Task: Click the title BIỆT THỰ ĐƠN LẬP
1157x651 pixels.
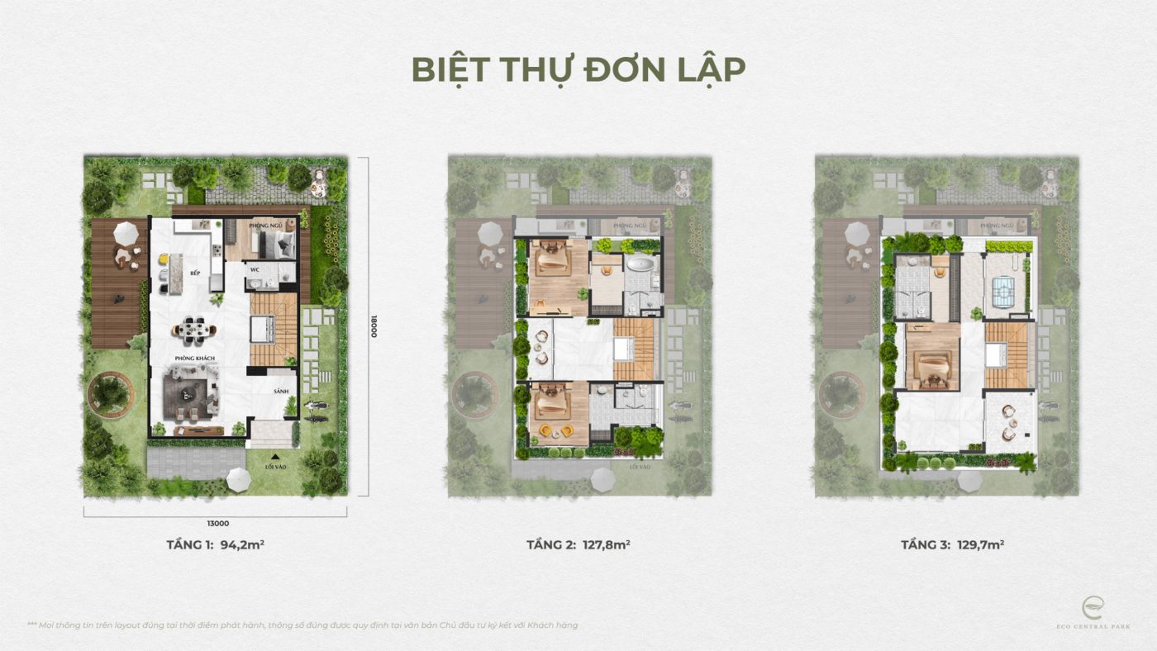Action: (578, 70)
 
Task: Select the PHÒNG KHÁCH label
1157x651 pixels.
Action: (195, 358)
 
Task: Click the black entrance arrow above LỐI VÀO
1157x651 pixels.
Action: (275, 454)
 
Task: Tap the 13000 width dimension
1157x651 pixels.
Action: (218, 523)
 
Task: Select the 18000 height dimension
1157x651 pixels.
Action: (374, 324)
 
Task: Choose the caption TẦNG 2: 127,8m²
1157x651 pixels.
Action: (578, 545)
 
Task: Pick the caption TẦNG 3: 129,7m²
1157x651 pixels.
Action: (952, 545)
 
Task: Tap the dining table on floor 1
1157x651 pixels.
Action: (194, 329)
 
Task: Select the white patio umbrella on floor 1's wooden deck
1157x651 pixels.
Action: (126, 233)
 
